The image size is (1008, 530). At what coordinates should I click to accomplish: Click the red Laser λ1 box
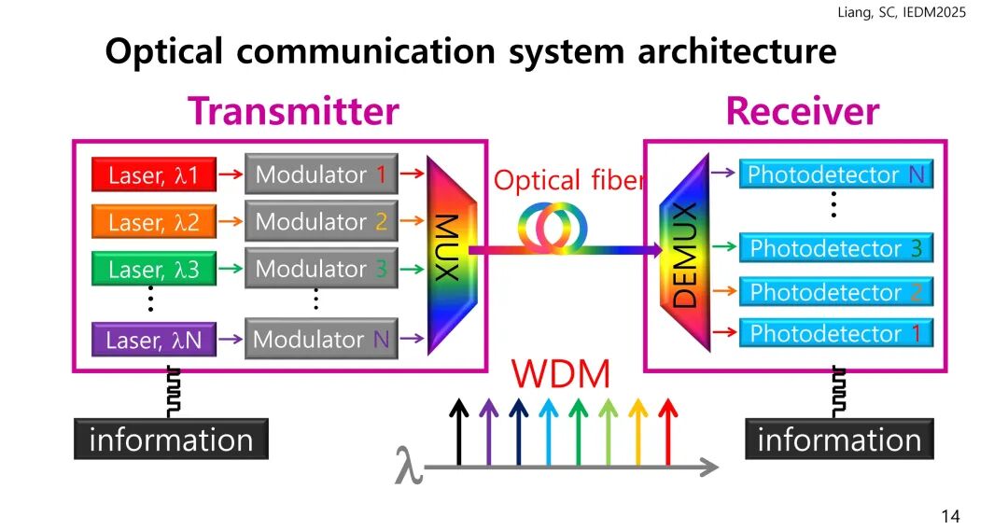tap(154, 174)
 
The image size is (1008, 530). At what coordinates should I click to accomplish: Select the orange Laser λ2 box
tap(154, 223)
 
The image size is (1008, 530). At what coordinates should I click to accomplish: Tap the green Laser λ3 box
tap(154, 270)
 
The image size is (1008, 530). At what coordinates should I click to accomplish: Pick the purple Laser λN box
tap(154, 341)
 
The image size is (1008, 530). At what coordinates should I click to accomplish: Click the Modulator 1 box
tap(321, 174)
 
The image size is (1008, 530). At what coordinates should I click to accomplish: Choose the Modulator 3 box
tap(321, 269)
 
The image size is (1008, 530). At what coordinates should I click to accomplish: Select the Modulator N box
tap(321, 339)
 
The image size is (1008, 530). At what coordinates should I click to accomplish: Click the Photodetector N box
tap(836, 174)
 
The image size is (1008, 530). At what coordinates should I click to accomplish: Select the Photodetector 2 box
tap(836, 292)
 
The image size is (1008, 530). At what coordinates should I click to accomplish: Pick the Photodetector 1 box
tap(836, 333)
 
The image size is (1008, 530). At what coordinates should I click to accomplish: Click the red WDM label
tap(560, 375)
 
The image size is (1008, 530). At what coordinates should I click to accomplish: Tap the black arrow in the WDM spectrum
tap(458, 432)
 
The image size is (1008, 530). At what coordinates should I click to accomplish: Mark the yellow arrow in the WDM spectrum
tap(638, 432)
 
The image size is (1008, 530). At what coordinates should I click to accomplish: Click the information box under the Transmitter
tap(171, 439)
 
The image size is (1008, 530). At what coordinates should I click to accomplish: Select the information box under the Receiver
tap(839, 439)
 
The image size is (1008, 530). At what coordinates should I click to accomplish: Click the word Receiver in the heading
tap(802, 112)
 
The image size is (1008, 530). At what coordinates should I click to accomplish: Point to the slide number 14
tap(950, 516)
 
